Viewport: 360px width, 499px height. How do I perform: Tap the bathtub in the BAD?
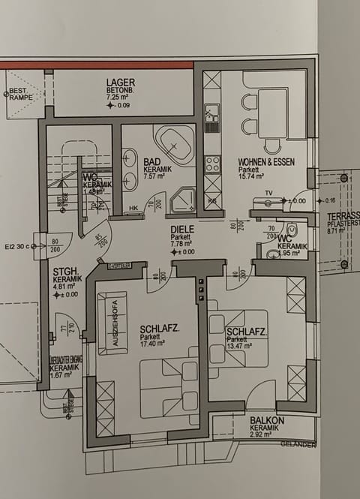(174, 144)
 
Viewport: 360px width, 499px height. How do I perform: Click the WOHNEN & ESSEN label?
(266, 161)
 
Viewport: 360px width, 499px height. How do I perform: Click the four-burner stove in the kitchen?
(212, 163)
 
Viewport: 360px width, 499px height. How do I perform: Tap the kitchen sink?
(212, 113)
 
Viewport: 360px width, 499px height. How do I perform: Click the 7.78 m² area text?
(181, 244)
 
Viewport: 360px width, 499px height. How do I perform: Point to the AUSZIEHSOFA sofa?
(112, 323)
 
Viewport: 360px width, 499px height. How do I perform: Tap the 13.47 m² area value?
(242, 347)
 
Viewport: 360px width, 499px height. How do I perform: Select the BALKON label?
(267, 421)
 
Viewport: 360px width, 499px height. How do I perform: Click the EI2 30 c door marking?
(17, 245)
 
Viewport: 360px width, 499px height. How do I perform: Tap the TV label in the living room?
(267, 193)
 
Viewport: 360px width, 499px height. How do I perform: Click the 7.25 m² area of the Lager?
(119, 97)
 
